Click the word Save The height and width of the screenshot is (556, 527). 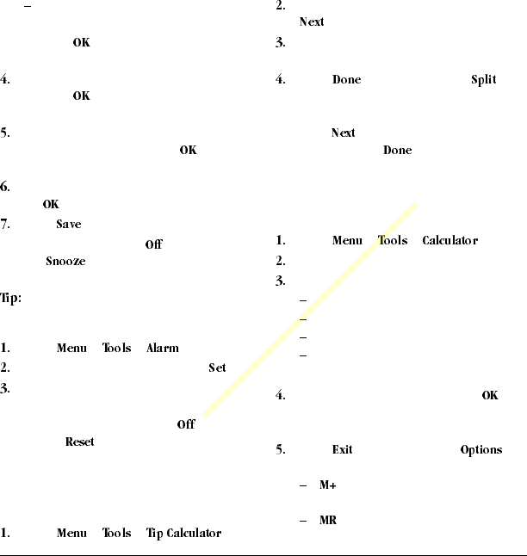[68, 225]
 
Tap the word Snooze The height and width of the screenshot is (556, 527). [65, 262]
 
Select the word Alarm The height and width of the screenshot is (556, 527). [162, 349]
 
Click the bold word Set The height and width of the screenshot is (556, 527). [217, 368]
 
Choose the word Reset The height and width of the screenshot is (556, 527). [79, 442]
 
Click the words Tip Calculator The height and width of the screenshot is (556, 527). [183, 534]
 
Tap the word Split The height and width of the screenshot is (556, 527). [484, 80]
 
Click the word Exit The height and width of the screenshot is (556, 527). [342, 450]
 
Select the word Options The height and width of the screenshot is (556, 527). [480, 450]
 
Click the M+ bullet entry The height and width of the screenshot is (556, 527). [327, 486]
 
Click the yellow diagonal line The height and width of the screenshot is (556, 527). [310, 311]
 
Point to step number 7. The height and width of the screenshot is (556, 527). [5, 225]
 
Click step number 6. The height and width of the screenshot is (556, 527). [5, 187]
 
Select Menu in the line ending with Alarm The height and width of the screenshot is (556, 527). [71, 349]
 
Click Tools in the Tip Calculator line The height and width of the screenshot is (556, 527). [117, 534]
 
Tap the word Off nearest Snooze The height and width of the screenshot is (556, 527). [153, 244]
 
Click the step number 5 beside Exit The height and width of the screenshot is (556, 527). [280, 450]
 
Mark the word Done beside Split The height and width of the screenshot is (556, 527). [346, 80]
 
